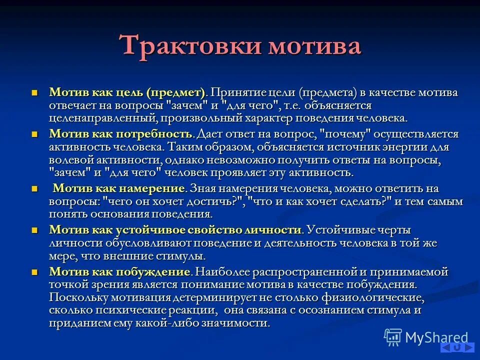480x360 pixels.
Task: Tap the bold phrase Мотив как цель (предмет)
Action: click(127, 93)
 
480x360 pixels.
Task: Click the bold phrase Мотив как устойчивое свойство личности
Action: click(175, 230)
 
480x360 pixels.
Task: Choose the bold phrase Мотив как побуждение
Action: click(120, 272)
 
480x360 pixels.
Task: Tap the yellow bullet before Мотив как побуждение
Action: click(34, 272)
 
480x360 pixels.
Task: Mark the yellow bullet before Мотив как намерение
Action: click(34, 189)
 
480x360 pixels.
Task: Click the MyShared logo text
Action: click(436, 337)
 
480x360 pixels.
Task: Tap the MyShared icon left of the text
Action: click(393, 337)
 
